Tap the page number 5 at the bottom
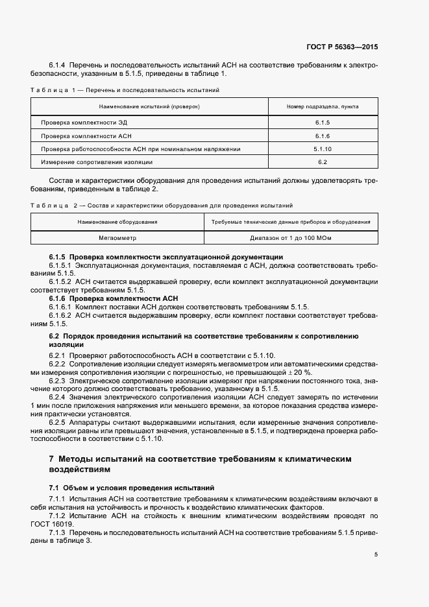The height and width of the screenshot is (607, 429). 376,554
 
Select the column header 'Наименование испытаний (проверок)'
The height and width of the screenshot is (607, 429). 149,106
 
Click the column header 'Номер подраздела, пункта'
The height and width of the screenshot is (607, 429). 323,106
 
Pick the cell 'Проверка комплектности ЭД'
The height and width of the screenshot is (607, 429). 79,123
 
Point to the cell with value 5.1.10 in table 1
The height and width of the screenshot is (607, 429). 323,149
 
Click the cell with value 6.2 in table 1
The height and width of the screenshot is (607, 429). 323,161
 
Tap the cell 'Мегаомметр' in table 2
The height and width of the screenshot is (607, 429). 117,238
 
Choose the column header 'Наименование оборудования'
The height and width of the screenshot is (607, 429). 117,222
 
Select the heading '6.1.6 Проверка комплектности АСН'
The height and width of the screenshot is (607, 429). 113,298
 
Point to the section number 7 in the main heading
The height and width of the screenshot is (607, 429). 52,459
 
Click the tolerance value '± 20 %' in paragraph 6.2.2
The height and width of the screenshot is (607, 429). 299,373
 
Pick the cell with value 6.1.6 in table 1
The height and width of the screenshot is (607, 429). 323,136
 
